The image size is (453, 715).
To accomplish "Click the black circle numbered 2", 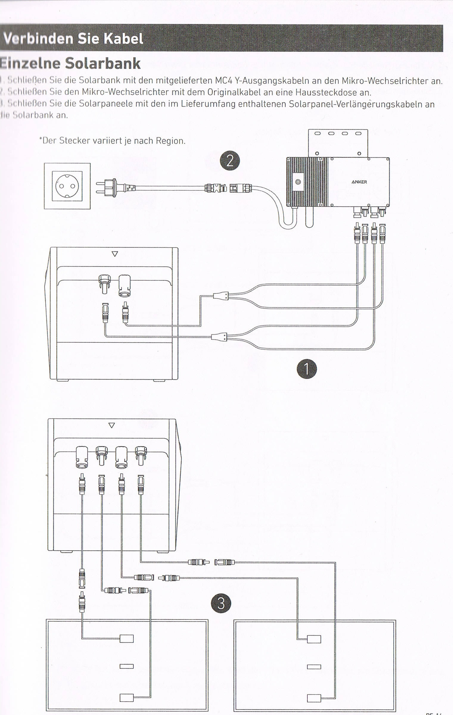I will pos(230,161).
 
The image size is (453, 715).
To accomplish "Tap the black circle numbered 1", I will pos(306,369).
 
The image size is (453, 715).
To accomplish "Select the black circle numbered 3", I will pos(221,604).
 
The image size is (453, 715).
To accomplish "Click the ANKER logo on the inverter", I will pos(359,182).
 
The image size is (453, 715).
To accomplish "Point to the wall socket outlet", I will pos(67,186).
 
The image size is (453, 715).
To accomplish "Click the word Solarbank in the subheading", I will pos(102,63).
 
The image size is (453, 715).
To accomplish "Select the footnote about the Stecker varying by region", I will pos(112,140).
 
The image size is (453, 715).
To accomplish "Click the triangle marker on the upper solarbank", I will pos(115,254).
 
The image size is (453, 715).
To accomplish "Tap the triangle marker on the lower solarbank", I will pos(112,425).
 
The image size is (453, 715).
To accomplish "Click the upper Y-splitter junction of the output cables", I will pos(221,296).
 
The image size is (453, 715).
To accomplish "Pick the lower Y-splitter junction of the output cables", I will pos(219,337).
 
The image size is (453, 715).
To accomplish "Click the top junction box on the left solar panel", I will pos(127,639).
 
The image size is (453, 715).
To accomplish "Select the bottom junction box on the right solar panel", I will pos(314,698).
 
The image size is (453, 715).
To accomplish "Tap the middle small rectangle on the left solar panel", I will pos(127,666).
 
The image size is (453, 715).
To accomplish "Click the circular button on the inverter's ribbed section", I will pos(298,182).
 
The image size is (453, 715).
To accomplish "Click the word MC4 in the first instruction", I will pos(223,81).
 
